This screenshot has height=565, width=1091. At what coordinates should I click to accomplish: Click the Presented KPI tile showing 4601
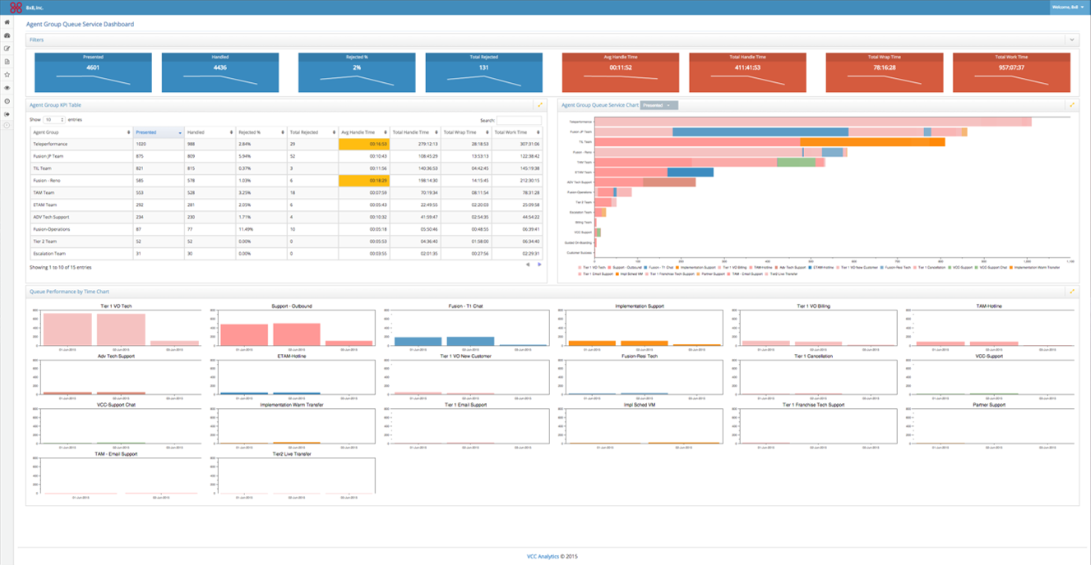pos(93,67)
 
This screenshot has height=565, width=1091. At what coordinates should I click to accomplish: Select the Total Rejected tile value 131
pos(483,67)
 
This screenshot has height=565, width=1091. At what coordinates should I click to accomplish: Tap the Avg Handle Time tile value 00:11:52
pos(620,67)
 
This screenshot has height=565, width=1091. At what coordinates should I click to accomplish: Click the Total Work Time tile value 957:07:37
pos(1011,67)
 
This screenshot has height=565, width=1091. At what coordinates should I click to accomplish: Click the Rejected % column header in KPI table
pos(259,132)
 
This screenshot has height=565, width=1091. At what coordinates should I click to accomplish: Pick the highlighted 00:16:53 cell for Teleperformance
pos(363,144)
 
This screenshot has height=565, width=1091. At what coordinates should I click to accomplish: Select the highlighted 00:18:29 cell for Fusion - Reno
pos(363,180)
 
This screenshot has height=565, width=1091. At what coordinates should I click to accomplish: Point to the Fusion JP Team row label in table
pos(49,156)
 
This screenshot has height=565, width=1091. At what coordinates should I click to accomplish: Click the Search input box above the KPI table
pos(519,120)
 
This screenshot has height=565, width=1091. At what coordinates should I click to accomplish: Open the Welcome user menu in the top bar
pos(1066,7)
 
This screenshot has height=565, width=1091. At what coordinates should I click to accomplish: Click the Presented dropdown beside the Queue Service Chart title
pos(659,105)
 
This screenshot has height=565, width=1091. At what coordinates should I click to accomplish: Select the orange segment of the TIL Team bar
pos(871,142)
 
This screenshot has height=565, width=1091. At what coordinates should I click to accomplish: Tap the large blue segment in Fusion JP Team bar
pos(760,131)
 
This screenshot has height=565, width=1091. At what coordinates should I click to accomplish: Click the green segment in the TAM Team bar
pos(796,162)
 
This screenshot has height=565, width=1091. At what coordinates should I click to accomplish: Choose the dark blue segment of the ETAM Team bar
pos(690,172)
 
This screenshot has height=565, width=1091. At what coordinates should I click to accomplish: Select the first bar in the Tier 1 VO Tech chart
pos(67,328)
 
